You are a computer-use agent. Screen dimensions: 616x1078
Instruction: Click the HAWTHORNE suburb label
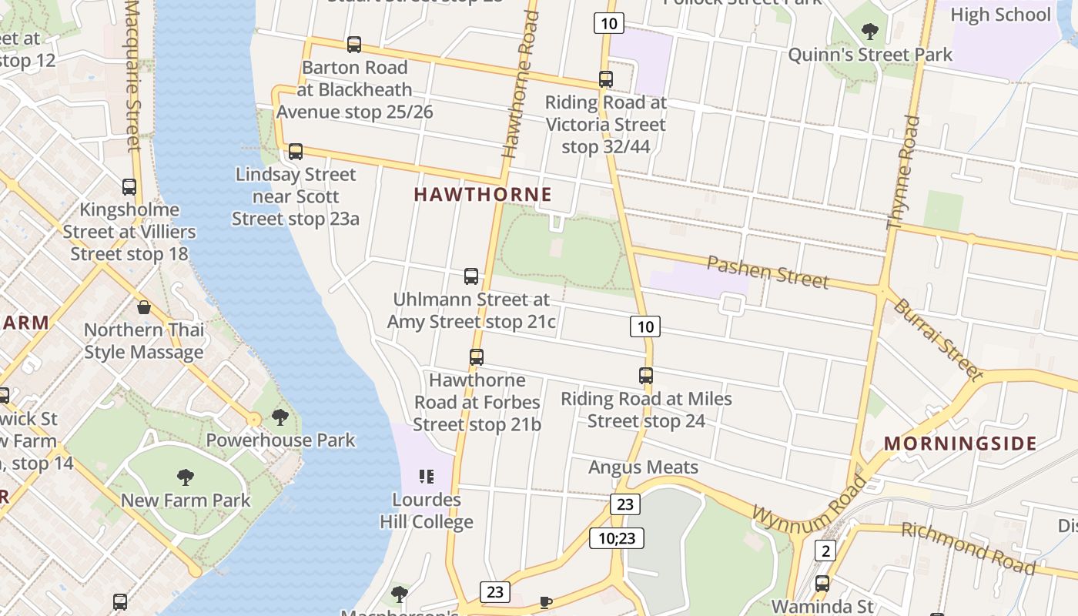click(483, 194)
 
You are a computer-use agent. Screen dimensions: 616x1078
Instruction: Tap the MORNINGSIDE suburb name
click(960, 444)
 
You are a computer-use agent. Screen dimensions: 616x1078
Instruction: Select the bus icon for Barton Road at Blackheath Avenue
click(354, 45)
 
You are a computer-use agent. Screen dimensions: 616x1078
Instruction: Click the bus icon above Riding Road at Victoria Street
click(606, 79)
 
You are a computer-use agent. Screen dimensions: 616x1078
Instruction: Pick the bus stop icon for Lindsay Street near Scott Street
click(296, 152)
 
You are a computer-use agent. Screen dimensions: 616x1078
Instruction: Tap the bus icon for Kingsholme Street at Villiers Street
click(129, 187)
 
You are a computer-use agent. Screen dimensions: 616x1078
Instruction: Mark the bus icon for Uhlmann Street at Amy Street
click(471, 276)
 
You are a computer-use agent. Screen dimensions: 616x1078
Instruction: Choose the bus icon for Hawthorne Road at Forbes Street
click(477, 357)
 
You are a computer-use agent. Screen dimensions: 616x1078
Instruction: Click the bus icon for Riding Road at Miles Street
click(646, 376)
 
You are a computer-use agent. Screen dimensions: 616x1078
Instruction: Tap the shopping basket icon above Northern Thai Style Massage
click(144, 308)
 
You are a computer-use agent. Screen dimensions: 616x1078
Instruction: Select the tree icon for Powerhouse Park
click(280, 417)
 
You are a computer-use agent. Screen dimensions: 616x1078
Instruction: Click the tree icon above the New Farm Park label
click(186, 477)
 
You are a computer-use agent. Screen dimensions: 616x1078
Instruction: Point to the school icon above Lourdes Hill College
click(426, 477)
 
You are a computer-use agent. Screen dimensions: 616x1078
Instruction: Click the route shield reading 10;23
click(617, 537)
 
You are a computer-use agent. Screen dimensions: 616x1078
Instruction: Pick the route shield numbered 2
click(825, 551)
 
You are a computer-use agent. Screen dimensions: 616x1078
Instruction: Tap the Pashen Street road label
click(768, 272)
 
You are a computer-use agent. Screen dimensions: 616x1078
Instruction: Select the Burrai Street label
click(938, 340)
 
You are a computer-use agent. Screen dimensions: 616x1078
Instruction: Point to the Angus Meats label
click(644, 467)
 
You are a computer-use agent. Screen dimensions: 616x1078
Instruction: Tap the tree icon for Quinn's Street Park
click(870, 32)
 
